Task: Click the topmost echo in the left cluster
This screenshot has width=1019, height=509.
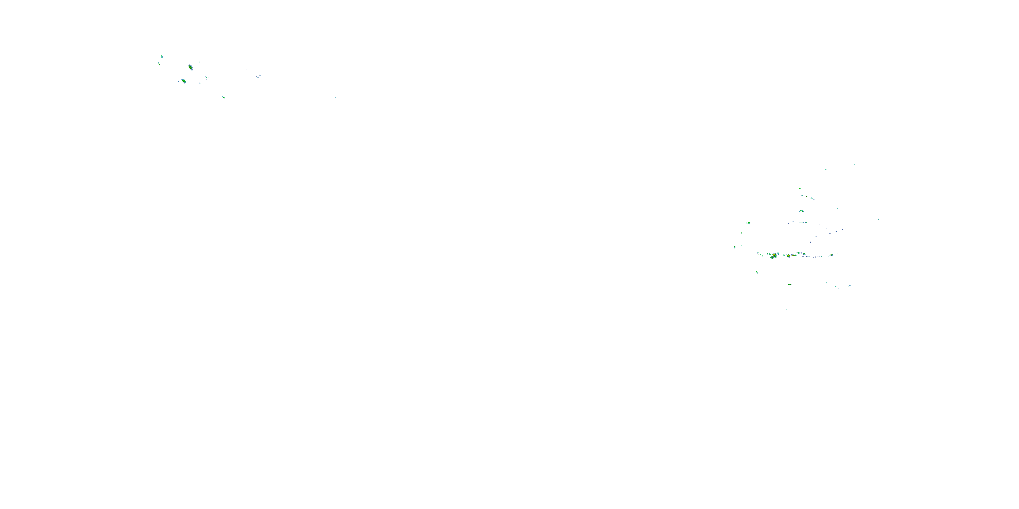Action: pos(161,57)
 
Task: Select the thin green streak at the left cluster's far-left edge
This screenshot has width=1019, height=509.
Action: pos(159,64)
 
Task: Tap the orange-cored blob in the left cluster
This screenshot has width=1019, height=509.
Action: pos(191,67)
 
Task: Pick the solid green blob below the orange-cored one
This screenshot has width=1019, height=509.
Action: pos(184,81)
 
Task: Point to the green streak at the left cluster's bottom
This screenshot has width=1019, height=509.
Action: pos(224,97)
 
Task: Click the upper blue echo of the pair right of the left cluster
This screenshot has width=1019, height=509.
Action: pos(260,75)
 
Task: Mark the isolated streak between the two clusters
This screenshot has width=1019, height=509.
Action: pos(336,97)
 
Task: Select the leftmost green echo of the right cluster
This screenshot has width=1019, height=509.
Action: pos(735,247)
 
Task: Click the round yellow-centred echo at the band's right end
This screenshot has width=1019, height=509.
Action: pos(832,255)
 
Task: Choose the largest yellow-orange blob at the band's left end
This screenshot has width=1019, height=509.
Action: pos(772,256)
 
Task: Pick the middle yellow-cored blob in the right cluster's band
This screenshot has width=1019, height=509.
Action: pos(788,256)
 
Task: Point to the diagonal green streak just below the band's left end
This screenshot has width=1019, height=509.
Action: pos(757,272)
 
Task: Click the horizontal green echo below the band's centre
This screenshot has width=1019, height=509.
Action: pos(790,284)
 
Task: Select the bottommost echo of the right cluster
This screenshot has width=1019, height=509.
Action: pos(786,309)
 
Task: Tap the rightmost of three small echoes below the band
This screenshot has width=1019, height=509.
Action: pos(849,285)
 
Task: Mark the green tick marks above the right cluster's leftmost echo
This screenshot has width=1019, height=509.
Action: pos(748,223)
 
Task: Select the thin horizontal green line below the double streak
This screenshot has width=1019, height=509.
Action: pos(803,223)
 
